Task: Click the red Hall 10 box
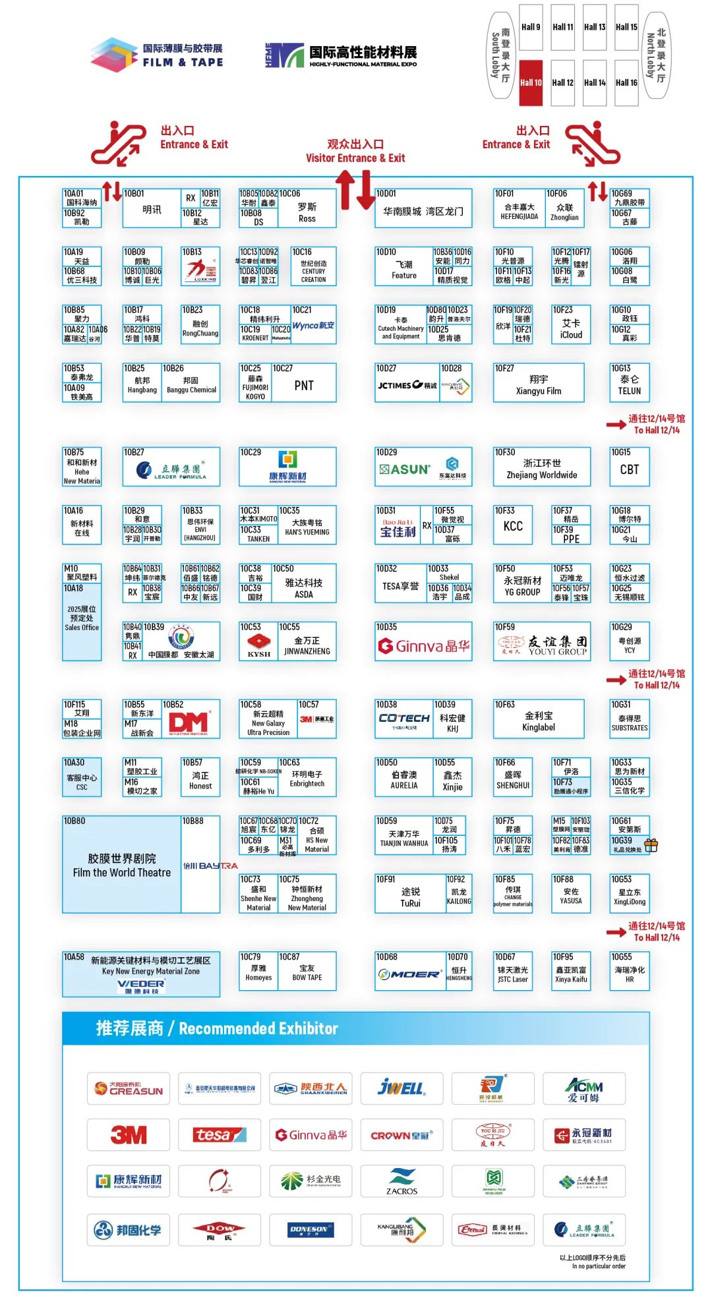[530, 82]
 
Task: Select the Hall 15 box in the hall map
[626, 28]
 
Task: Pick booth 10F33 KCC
[513, 526]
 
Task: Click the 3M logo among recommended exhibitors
[129, 1134]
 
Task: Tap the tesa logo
[219, 1134]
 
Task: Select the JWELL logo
[401, 1088]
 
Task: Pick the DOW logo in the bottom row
[219, 1229]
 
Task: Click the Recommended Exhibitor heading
[217, 1028]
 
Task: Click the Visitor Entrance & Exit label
[355, 151]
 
